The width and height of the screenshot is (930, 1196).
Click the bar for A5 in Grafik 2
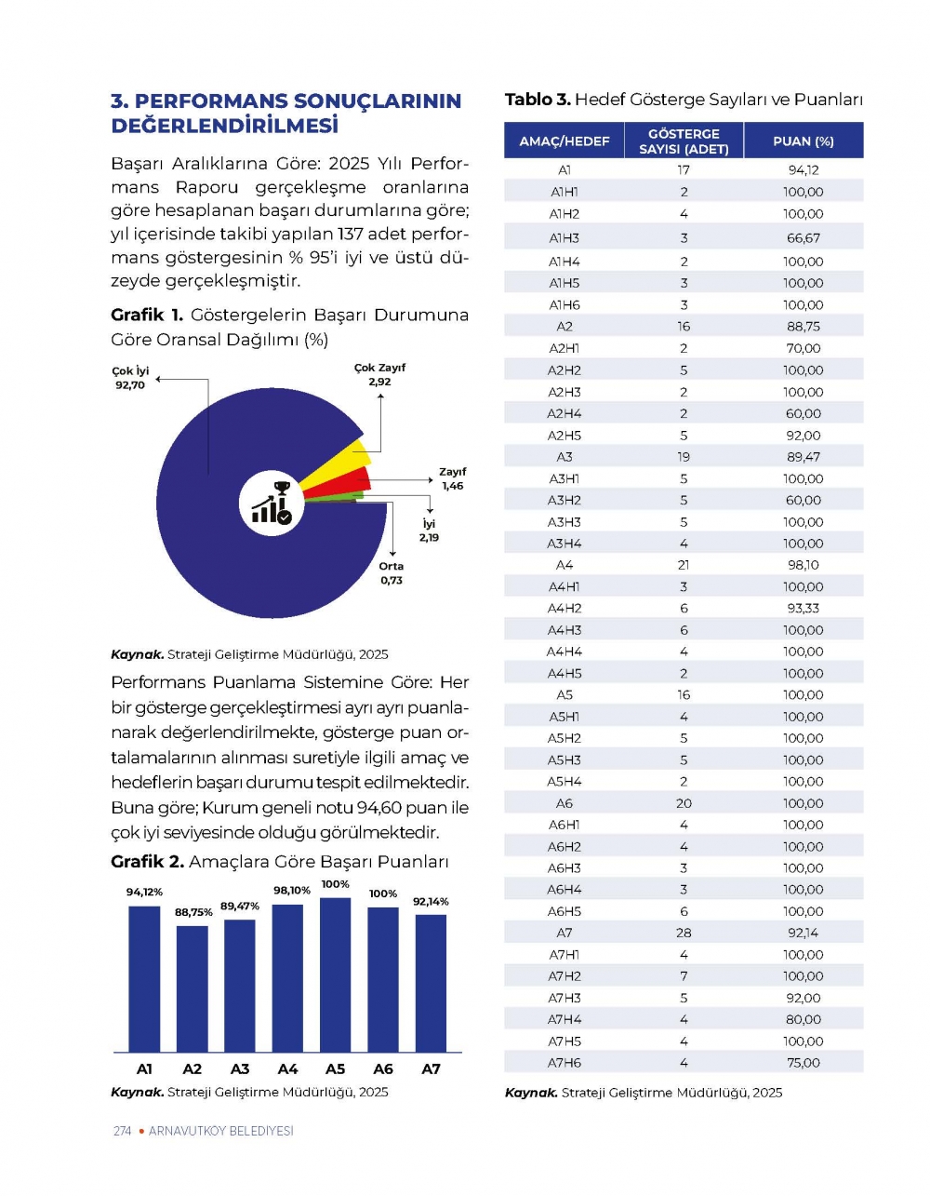pyautogui.click(x=335, y=974)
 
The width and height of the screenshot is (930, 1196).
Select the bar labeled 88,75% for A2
pyautogui.click(x=193, y=988)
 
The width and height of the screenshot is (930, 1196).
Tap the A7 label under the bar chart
pyautogui.click(x=431, y=1069)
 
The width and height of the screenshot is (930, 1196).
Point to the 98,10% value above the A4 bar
pyautogui.click(x=292, y=891)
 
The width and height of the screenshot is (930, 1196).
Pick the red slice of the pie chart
pyautogui.click(x=352, y=482)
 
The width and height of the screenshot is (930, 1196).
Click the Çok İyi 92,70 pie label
pyautogui.click(x=130, y=378)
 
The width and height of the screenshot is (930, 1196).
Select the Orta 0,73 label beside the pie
pyautogui.click(x=392, y=573)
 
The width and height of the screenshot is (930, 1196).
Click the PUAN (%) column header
pyautogui.click(x=804, y=141)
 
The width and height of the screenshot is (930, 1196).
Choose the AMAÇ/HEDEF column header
pyautogui.click(x=565, y=141)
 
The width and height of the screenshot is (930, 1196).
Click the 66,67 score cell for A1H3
pyautogui.click(x=804, y=238)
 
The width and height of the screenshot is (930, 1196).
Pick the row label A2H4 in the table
pyautogui.click(x=565, y=413)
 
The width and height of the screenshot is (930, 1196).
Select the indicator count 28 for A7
pyautogui.click(x=684, y=933)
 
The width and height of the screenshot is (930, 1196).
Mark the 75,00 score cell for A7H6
pyautogui.click(x=804, y=1063)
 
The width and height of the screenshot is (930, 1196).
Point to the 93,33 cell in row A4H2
pyautogui.click(x=804, y=608)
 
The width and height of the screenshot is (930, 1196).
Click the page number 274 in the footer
pyautogui.click(x=122, y=1131)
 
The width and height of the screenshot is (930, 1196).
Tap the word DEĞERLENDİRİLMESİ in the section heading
pyautogui.click(x=224, y=126)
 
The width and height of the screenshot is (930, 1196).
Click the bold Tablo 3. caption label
pyautogui.click(x=538, y=100)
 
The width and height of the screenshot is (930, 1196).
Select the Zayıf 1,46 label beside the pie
pyautogui.click(x=453, y=479)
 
